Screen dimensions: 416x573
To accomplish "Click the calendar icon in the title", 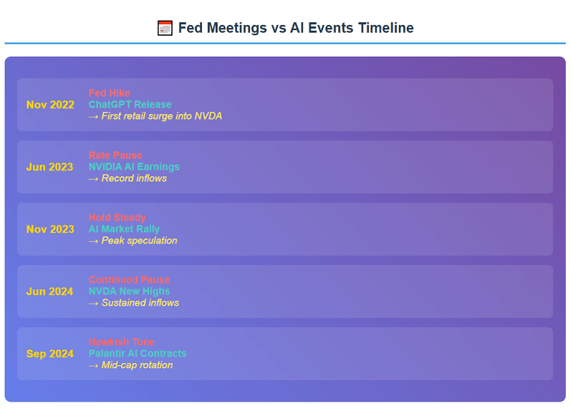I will click(165, 28).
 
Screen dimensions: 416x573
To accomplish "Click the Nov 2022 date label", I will click(50, 105).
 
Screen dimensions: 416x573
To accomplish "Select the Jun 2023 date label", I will click(50, 167).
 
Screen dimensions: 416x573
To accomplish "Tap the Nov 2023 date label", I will click(50, 229).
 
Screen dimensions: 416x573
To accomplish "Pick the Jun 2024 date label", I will click(50, 291).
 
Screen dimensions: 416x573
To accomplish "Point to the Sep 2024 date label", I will click(50, 354).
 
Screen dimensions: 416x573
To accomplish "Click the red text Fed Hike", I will click(110, 93).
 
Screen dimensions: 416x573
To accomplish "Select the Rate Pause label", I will click(115, 155).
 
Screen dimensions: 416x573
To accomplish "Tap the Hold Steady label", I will click(117, 218).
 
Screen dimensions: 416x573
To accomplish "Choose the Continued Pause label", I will click(130, 280).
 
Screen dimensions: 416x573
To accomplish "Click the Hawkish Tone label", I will click(122, 342).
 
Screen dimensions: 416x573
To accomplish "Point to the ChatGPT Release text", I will click(130, 105).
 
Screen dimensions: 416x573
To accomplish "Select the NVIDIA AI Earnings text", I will click(134, 167).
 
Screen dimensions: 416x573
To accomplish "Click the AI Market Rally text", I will click(124, 229).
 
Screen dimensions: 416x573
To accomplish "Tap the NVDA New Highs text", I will click(130, 291).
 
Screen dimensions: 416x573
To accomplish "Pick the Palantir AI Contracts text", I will click(138, 354).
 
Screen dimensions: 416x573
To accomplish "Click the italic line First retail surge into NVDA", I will click(155, 116).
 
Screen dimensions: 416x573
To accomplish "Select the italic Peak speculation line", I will click(133, 241).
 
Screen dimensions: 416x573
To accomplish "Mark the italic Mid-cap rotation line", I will click(131, 365).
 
